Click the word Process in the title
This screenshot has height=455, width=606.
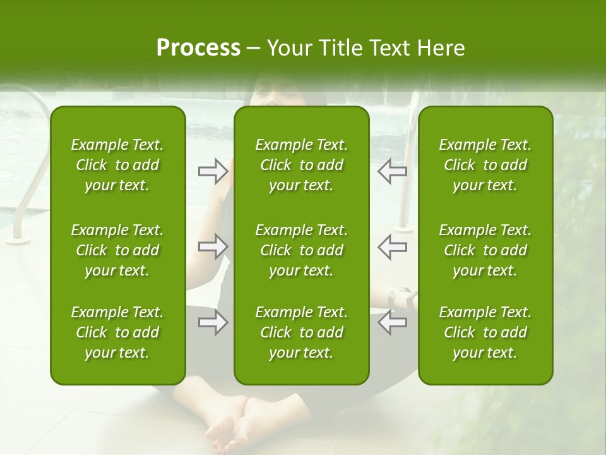[198, 48]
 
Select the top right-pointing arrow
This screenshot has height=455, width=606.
[213, 171]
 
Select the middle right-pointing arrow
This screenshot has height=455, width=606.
[213, 246]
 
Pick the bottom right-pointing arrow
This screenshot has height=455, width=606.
[213, 322]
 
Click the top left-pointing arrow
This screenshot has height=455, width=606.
[393, 171]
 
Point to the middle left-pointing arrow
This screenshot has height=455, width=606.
[393, 246]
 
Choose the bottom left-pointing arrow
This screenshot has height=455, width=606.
[393, 322]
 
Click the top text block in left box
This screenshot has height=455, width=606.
[117, 165]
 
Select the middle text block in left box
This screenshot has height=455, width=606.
[117, 250]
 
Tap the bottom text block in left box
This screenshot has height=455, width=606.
[117, 332]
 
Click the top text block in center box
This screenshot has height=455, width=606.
[301, 165]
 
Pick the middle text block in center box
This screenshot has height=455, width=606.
[301, 250]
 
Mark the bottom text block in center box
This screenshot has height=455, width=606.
[301, 332]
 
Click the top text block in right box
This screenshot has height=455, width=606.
[485, 165]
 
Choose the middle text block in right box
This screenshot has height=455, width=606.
[485, 250]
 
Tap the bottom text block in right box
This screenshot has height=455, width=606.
[485, 332]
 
